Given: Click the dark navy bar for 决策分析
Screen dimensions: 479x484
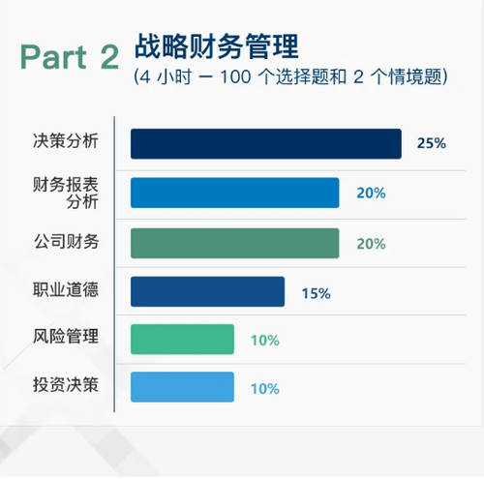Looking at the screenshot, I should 265,143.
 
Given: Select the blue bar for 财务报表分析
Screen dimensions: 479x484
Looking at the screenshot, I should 234,193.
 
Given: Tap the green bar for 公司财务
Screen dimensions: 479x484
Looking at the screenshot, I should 234,242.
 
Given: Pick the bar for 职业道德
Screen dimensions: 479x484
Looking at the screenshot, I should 207,291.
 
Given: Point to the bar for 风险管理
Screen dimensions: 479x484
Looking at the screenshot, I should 182,340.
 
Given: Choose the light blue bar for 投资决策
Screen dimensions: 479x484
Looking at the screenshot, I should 182,387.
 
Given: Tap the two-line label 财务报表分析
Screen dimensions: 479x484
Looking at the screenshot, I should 68,192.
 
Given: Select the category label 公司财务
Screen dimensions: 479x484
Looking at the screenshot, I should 66,241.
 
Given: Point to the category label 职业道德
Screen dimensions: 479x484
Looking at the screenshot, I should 66,290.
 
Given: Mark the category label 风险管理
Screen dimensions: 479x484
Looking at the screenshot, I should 66,339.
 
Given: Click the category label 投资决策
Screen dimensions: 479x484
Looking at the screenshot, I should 66,386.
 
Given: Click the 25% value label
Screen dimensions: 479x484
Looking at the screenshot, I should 431,143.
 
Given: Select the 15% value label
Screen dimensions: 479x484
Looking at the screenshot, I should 316,292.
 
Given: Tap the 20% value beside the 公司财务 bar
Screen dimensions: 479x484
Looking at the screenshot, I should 371,243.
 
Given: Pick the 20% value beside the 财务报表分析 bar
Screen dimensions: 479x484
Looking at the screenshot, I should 371,194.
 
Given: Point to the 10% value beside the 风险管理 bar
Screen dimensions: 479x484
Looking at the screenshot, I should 264,341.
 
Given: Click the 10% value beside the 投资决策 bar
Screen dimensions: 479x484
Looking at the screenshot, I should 264,388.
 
